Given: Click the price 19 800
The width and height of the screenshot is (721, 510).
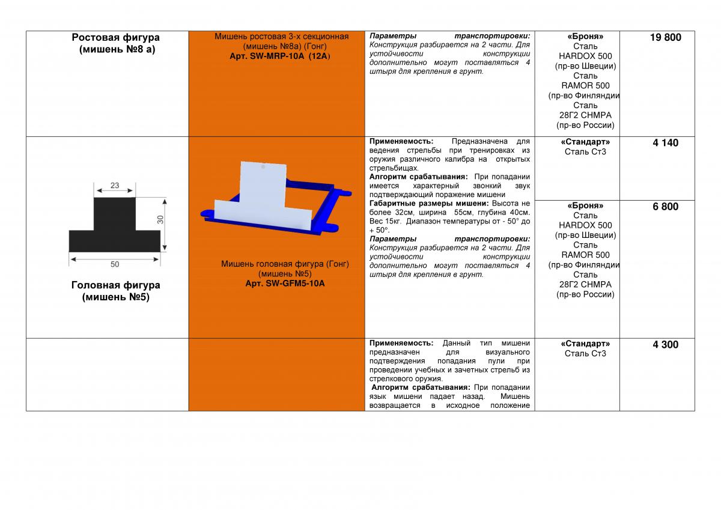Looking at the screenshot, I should coord(665,38).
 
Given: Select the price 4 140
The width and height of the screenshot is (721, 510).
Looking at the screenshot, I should coord(665,143).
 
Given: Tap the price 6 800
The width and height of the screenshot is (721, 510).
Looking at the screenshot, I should coord(665,207).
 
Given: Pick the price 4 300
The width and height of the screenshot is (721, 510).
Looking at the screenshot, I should coord(665,345).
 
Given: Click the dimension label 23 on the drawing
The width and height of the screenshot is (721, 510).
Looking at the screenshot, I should coord(115,186).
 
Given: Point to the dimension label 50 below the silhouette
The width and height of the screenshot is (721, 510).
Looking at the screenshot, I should coord(115,264).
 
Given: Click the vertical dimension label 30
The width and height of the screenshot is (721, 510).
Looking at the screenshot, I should coord(160,220).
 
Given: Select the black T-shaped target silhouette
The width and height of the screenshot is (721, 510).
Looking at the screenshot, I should coord(115,231).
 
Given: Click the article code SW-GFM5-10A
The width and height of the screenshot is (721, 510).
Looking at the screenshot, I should coord(285,284).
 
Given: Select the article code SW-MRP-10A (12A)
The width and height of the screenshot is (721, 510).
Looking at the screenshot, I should coord(281,56).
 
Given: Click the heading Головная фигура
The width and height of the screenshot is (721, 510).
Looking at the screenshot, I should coord(115,285).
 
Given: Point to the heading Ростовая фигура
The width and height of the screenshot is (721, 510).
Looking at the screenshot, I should coord(115,38).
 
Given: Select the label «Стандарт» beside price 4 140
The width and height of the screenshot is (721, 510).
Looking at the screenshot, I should coord(585,142).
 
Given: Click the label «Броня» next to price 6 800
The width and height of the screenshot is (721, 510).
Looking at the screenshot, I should coord(585,205).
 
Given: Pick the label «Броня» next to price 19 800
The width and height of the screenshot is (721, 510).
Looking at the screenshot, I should coord(585,37).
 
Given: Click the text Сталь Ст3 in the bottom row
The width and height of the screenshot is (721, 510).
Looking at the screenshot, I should coord(585,353).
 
